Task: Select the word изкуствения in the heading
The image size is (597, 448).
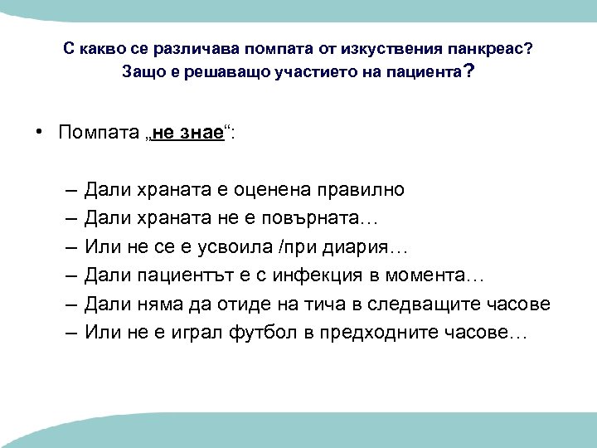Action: (x=388, y=49)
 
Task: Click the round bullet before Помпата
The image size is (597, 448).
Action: (x=39, y=133)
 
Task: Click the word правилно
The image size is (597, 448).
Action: (x=362, y=189)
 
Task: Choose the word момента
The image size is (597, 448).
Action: (x=444, y=275)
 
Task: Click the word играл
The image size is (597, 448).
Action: (x=187, y=332)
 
